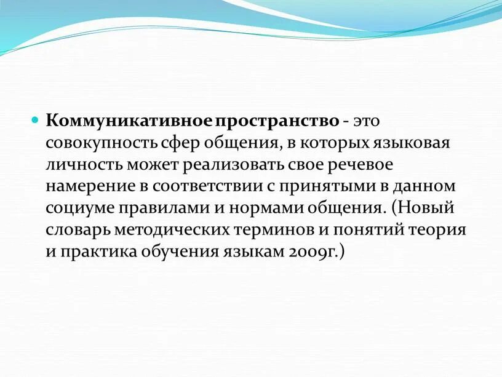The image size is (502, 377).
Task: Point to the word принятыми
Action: pyautogui.click(x=317, y=186)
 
